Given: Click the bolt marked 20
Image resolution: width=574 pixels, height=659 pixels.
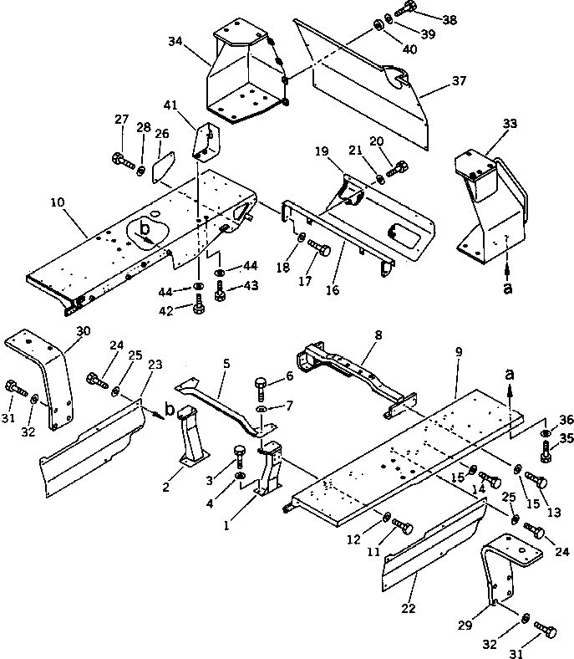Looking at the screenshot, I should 398,169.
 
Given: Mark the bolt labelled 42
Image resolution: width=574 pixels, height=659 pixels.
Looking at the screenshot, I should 199,309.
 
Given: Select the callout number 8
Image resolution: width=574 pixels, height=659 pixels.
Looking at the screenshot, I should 379,335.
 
